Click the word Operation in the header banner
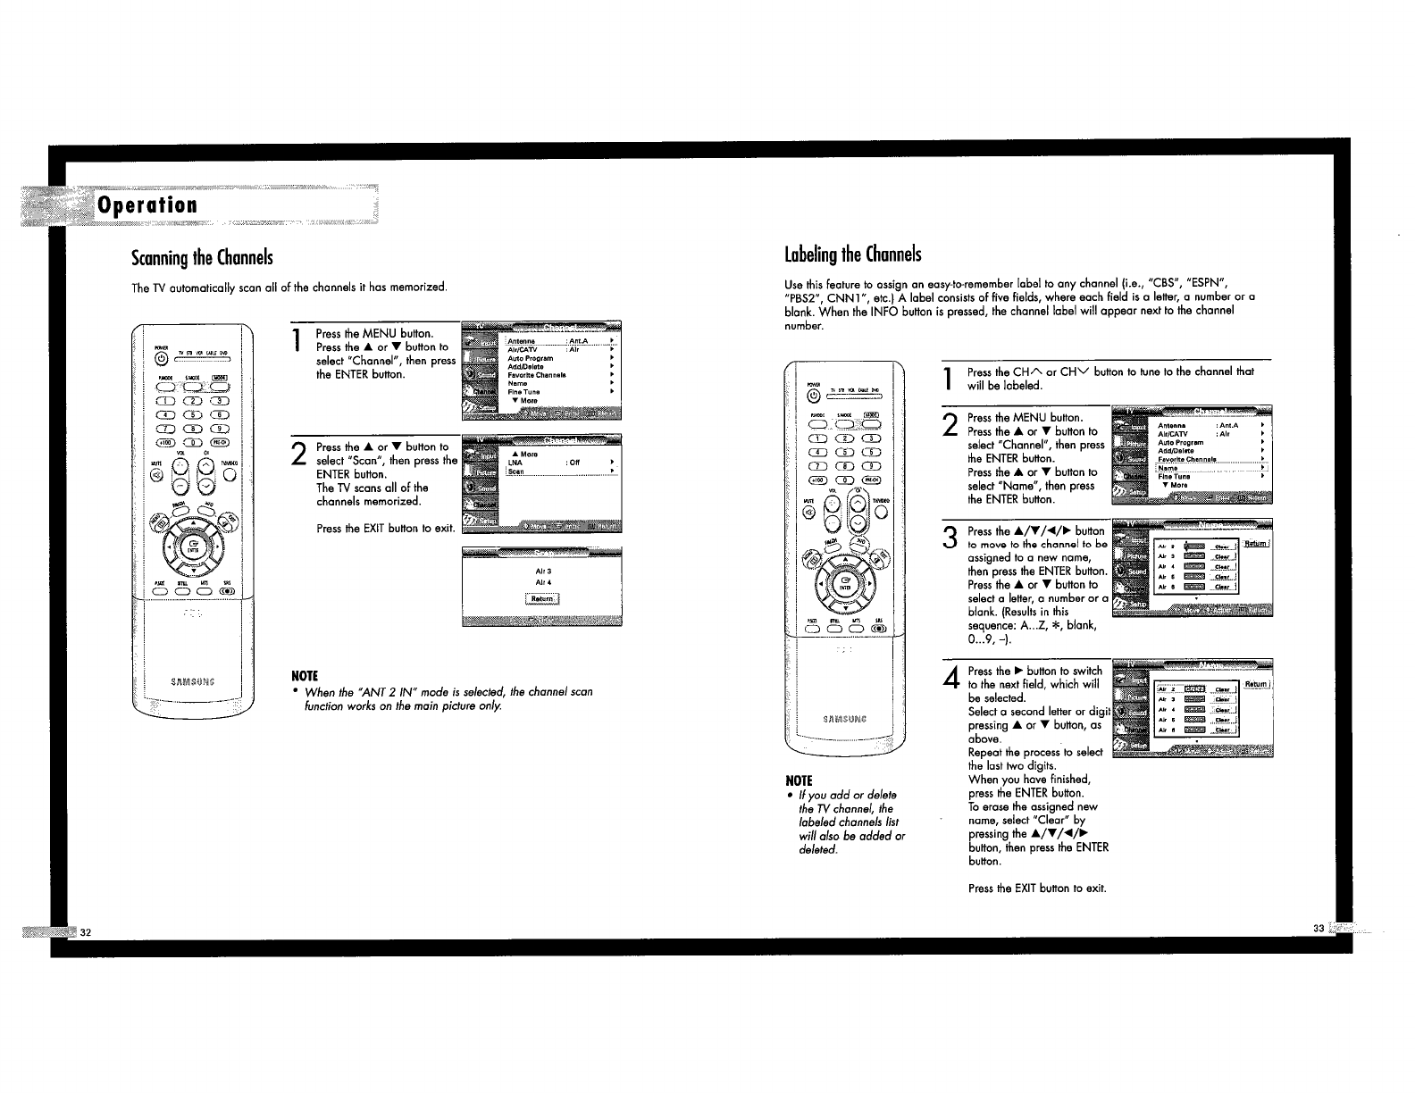147,204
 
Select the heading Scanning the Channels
201,258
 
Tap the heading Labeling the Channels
852,254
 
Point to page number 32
86,932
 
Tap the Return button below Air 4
542,598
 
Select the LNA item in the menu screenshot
515,463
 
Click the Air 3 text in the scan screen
543,571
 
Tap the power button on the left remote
161,359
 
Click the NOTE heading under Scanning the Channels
306,674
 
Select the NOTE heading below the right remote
799,780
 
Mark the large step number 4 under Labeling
950,679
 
